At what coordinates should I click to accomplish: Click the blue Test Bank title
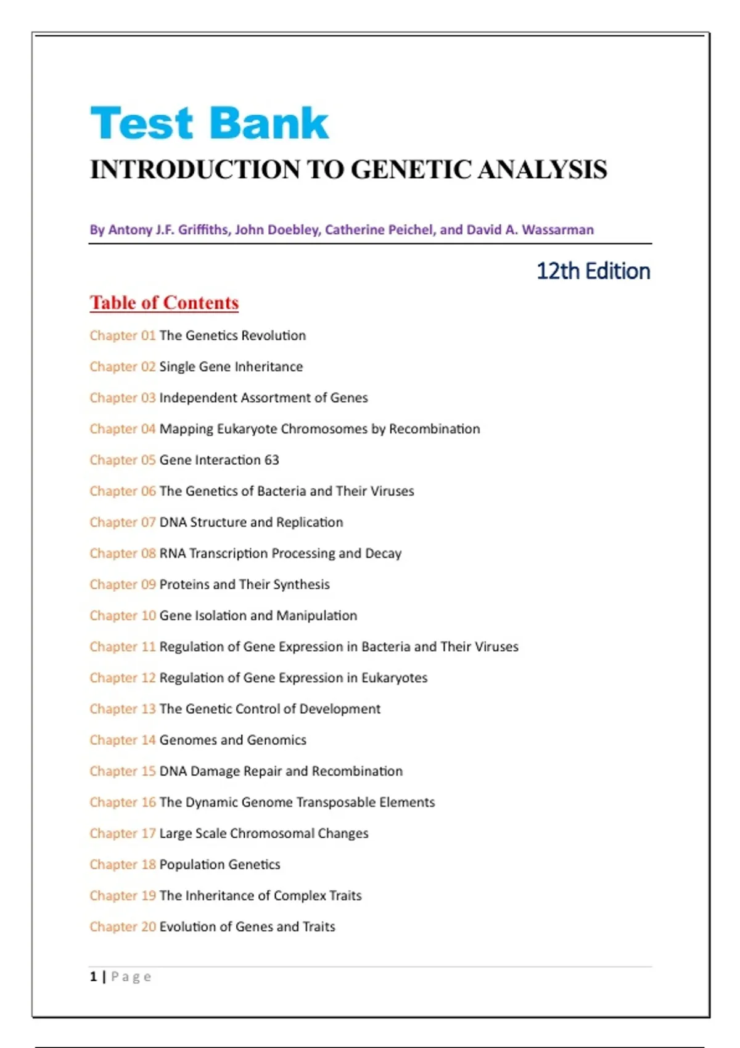[x=209, y=123]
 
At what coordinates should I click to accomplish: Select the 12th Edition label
[x=593, y=271]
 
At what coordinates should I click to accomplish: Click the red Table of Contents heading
[x=164, y=303]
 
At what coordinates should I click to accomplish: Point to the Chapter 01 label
[x=122, y=335]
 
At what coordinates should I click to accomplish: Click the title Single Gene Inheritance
[x=231, y=367]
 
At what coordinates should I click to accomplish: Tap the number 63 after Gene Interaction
[x=272, y=460]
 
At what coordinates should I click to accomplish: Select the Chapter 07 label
[x=122, y=522]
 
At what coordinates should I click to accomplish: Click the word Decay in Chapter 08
[x=383, y=554]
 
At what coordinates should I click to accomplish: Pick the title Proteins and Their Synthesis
[x=244, y=584]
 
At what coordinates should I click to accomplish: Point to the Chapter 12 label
[x=122, y=678]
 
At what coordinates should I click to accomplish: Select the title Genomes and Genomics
[x=232, y=740]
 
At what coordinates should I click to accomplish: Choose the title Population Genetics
[x=220, y=864]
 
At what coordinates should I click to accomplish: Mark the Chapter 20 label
[x=122, y=927]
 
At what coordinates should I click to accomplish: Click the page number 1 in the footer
[x=94, y=976]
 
